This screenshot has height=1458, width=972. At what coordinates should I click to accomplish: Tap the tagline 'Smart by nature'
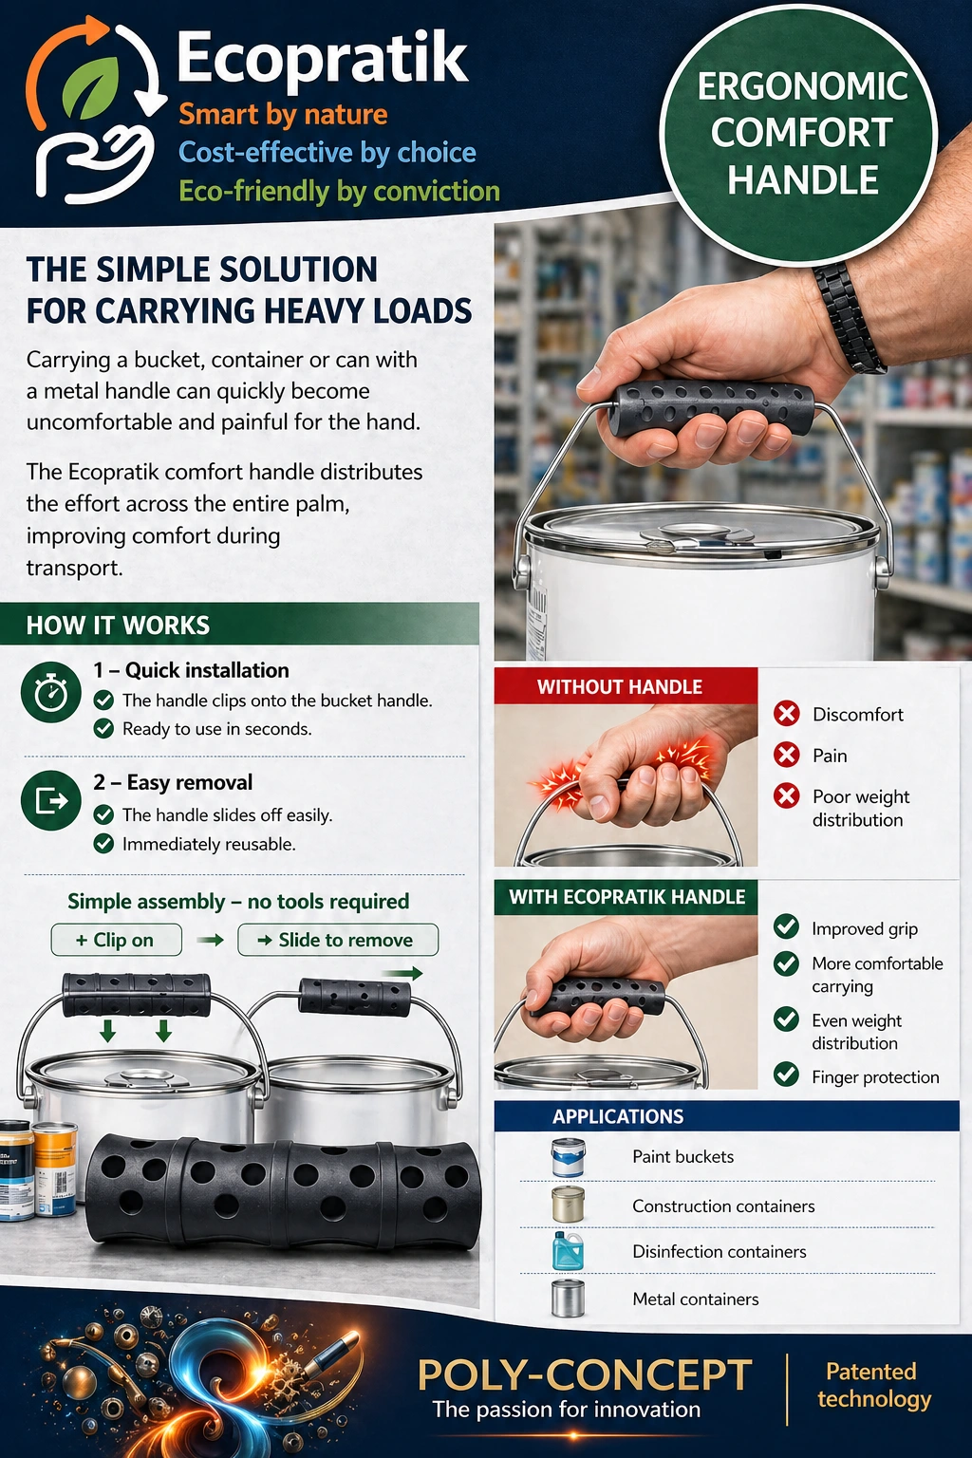point(283,115)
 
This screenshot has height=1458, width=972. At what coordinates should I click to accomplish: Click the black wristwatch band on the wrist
point(849,318)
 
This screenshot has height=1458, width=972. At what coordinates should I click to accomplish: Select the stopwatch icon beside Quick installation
point(50,693)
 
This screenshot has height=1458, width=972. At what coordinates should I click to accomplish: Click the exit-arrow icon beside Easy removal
point(50,802)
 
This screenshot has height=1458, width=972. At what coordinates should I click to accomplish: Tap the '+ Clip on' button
point(116,940)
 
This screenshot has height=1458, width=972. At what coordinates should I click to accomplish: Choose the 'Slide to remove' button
point(337,940)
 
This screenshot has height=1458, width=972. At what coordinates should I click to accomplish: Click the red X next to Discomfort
point(786,713)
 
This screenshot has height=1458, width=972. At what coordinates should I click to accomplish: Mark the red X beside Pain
point(786,755)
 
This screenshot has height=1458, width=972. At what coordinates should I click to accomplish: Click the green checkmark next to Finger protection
point(786,1075)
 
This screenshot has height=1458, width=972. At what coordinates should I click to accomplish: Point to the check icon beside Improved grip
point(786,926)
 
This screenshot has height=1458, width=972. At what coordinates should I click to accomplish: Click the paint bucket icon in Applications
point(569,1157)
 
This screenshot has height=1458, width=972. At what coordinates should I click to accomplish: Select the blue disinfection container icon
point(569,1250)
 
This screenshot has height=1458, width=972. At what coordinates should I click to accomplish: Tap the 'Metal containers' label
point(696,1299)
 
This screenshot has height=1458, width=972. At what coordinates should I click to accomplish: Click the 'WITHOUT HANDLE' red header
point(620,686)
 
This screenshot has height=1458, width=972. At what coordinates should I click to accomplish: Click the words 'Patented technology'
point(873,1385)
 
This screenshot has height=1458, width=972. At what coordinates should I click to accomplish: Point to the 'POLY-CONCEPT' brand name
point(585,1375)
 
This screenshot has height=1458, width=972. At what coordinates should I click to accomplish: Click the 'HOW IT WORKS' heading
point(119,626)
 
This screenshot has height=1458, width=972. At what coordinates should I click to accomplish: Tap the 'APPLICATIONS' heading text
point(618,1116)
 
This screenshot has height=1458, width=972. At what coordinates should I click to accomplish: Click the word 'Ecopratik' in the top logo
point(323,59)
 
